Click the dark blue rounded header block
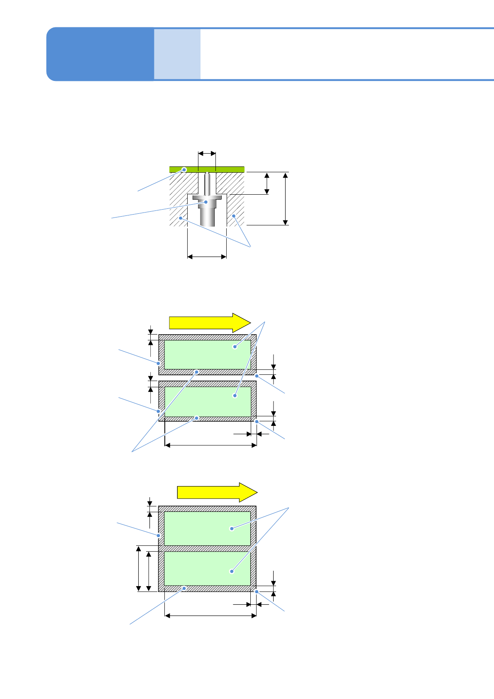coord(100,54)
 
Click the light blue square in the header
coord(177,54)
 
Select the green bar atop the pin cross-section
coord(224,169)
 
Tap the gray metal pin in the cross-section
coord(207,214)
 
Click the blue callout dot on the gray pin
coord(206,202)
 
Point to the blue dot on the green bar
coord(185,169)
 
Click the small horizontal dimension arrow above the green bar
coord(207,154)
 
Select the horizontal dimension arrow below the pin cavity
coord(207,257)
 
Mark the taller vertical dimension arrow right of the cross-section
coord(285,198)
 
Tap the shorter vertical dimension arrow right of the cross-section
coord(267,183)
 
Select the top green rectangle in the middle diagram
coord(208,354)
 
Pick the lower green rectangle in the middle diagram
coord(208,401)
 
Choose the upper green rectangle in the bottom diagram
coord(207,528)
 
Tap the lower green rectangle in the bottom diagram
coord(207,568)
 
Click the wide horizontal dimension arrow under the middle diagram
coord(211,445)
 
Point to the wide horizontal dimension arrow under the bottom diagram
coord(211,616)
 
